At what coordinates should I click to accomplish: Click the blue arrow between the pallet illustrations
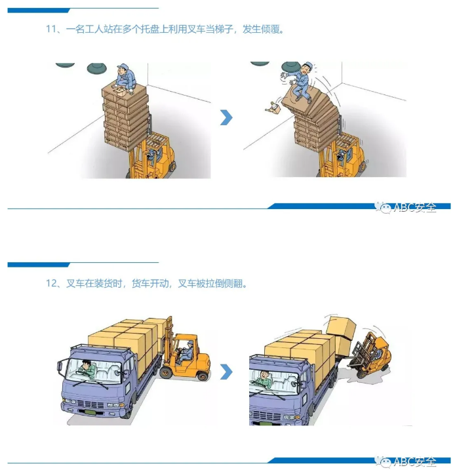coord(226,118)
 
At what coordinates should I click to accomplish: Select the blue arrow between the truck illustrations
coord(226,372)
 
